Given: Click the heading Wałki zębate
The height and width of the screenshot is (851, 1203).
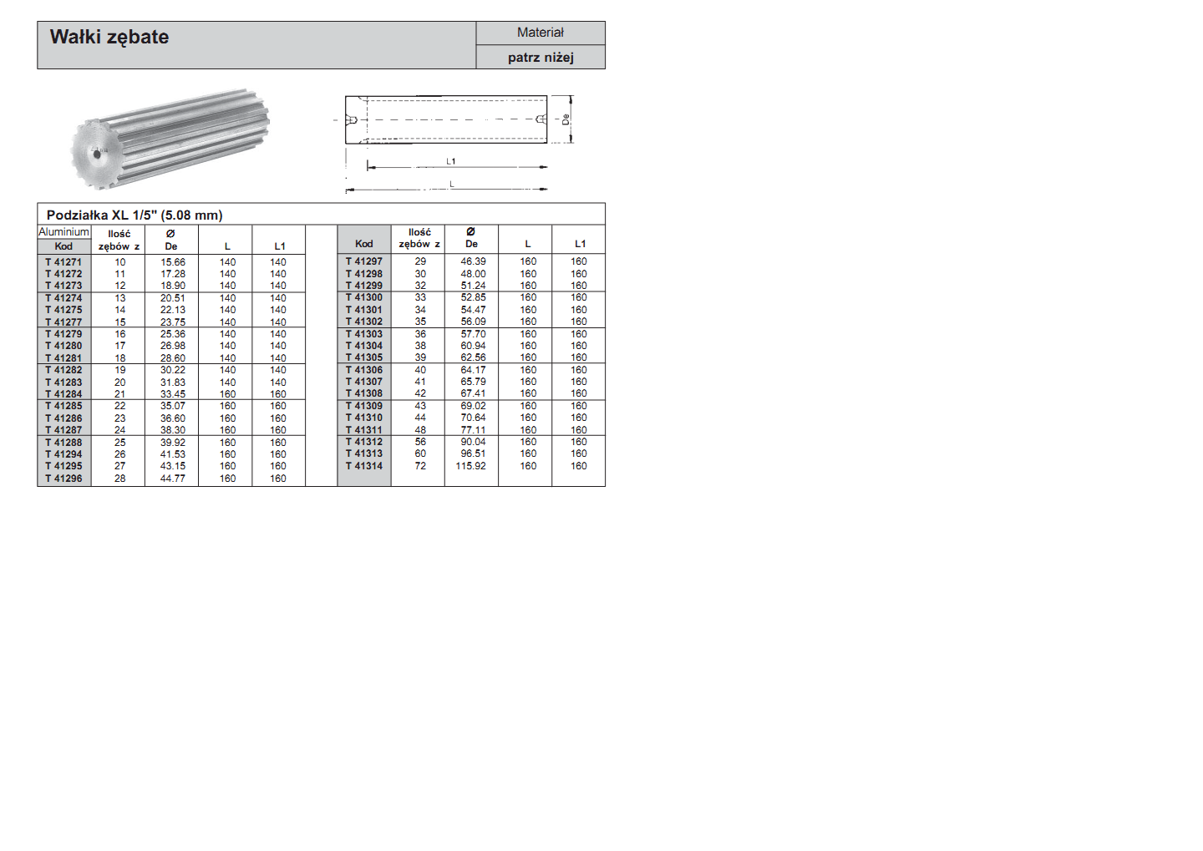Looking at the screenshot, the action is [109, 38].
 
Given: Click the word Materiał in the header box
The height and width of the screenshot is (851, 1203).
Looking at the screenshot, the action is [541, 33].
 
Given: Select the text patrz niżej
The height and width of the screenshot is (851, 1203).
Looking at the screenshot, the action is [541, 58].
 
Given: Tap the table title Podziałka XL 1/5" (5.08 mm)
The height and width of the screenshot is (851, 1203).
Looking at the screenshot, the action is [135, 215].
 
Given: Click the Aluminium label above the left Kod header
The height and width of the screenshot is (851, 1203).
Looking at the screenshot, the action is [63, 232].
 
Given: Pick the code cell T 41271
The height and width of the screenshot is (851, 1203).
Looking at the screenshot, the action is [63, 262].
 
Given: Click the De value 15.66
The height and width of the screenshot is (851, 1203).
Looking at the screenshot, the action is [173, 262].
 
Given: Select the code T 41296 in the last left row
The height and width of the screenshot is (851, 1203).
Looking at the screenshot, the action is [63, 479].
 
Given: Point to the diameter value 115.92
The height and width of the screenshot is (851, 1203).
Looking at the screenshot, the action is [470, 466].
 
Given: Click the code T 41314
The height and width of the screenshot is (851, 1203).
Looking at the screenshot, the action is [364, 466].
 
